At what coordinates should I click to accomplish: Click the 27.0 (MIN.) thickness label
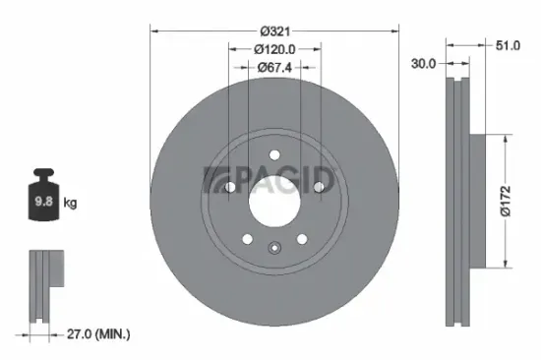tap(93, 334)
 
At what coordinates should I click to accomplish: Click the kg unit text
tap(70, 204)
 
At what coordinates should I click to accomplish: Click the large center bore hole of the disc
tap(273, 201)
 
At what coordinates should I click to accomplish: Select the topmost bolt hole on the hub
tap(274, 153)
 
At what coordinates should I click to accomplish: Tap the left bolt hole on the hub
tap(228, 188)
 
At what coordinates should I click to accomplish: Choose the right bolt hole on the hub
tap(320, 188)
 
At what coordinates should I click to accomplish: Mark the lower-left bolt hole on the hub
tap(246, 239)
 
